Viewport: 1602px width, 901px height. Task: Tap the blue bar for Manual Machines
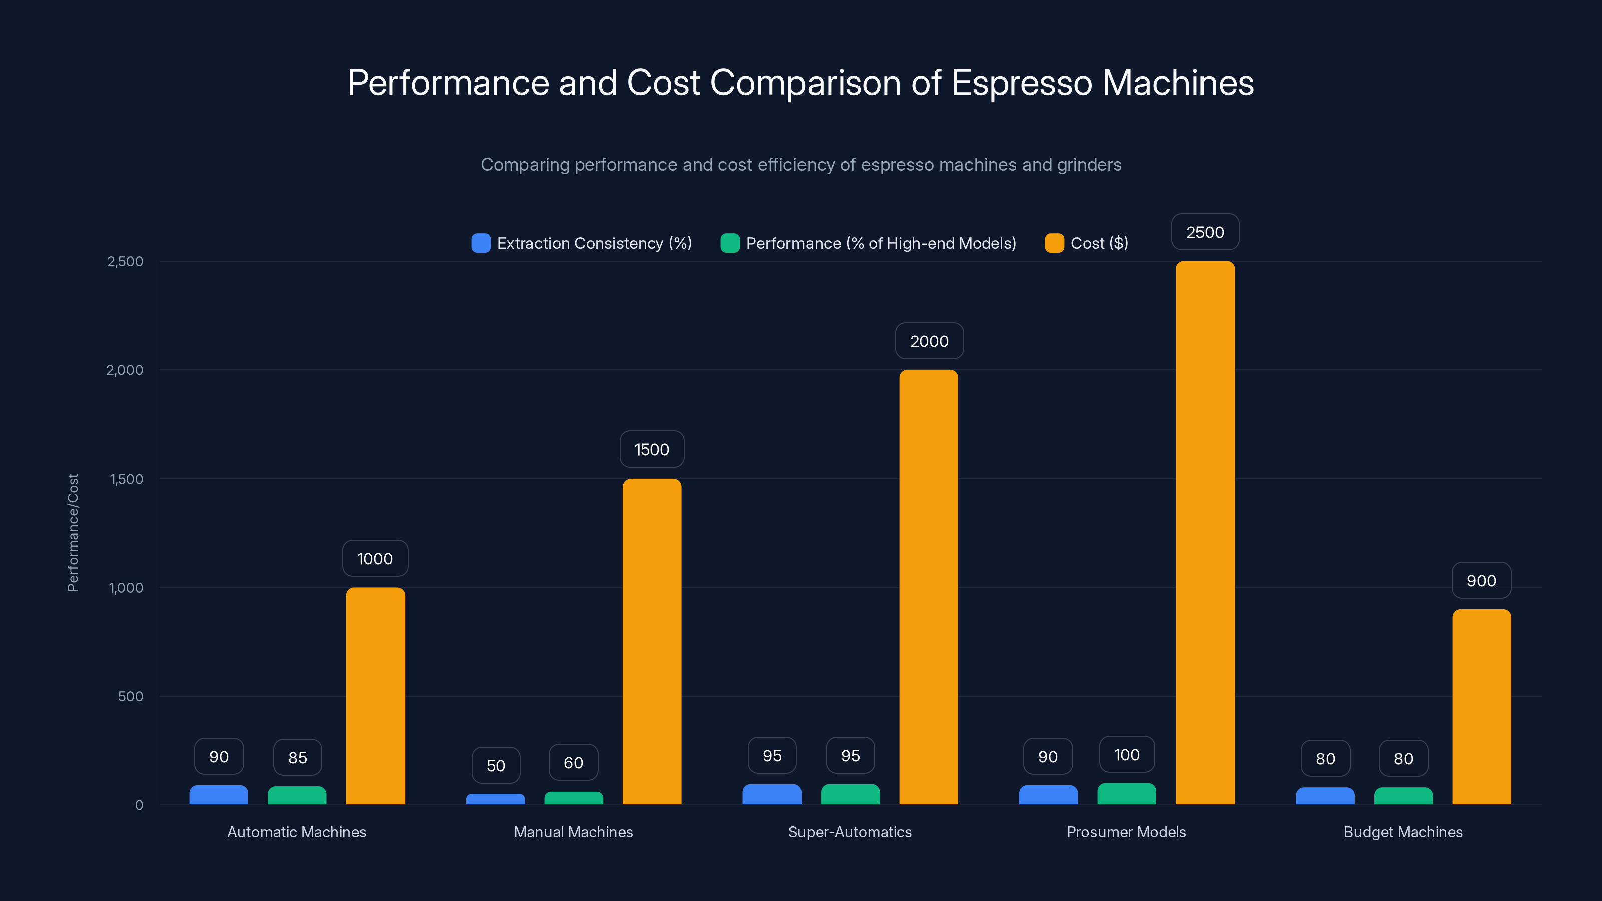pyautogui.click(x=495, y=799)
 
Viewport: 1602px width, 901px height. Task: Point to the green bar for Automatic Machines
pyautogui.click(x=297, y=795)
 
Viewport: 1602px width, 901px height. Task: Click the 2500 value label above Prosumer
pyautogui.click(x=1205, y=232)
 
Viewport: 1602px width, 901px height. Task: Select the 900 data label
pyautogui.click(x=1481, y=580)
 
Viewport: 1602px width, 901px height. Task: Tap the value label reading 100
pyautogui.click(x=1126, y=755)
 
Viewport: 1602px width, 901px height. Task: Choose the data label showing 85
pyautogui.click(x=297, y=757)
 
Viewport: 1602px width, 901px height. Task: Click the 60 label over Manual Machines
pyautogui.click(x=573, y=762)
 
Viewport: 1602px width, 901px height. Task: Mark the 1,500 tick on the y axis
pyautogui.click(x=126, y=479)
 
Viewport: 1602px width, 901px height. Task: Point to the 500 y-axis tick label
pyautogui.click(x=131, y=696)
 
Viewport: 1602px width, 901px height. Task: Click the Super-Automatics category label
pyautogui.click(x=850, y=832)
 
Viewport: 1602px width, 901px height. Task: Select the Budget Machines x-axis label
pyautogui.click(x=1403, y=832)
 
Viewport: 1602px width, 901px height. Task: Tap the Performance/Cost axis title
pyautogui.click(x=73, y=532)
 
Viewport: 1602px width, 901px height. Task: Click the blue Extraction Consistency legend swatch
pyautogui.click(x=481, y=243)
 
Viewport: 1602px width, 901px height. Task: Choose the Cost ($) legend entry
pyautogui.click(x=1099, y=243)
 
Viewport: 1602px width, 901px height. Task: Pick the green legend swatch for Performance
pyautogui.click(x=729, y=243)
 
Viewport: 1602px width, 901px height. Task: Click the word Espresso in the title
pyautogui.click(x=1021, y=83)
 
